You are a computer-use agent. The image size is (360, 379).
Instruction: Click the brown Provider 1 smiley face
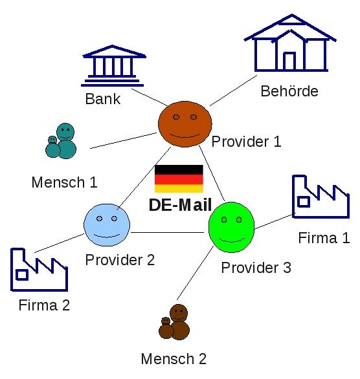[185, 124]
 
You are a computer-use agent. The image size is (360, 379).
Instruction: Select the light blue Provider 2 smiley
[107, 225]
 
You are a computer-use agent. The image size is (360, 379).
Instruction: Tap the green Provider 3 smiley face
[232, 227]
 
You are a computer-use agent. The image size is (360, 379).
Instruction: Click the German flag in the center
[179, 179]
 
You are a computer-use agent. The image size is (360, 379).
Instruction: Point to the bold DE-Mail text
[180, 205]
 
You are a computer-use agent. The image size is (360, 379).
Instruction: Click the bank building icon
[113, 65]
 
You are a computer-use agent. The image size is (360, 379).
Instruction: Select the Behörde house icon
[290, 43]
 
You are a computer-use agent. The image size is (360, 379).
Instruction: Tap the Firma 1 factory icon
[321, 197]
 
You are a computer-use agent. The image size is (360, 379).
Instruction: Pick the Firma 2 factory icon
[39, 270]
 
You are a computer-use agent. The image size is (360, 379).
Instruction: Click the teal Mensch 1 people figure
[61, 141]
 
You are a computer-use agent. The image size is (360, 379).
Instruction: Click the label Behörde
[289, 91]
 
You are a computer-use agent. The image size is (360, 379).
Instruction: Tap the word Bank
[103, 99]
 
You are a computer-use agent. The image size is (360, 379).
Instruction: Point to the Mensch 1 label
[65, 182]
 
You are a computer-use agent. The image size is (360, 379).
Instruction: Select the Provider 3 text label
[256, 268]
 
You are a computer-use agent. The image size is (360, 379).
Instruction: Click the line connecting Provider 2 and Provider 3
[167, 233]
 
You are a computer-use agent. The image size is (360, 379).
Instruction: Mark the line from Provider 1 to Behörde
[233, 91]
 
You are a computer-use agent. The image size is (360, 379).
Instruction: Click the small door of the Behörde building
[289, 61]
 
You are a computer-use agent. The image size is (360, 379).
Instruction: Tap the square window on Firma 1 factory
[304, 202]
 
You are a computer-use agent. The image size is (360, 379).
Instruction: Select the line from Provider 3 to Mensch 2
[195, 273]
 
